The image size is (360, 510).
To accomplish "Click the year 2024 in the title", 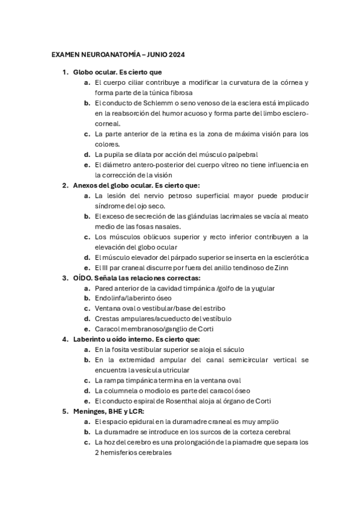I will coord(175,55).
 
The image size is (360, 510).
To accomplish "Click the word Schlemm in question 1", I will coord(154,103).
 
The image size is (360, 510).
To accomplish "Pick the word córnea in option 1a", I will coord(287,82).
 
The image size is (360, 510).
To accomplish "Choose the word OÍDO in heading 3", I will coord(83,278).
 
